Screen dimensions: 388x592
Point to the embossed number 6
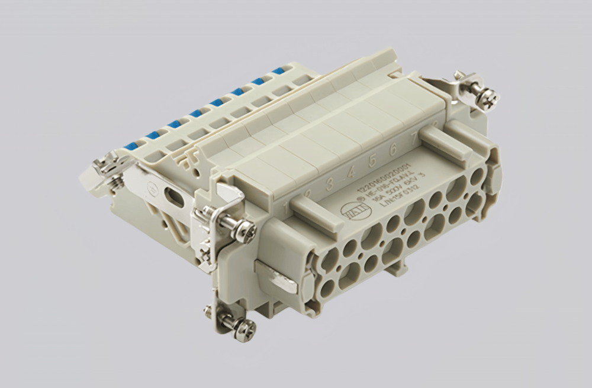coord(393,150)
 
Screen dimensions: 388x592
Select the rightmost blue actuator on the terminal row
coord(278,71)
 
